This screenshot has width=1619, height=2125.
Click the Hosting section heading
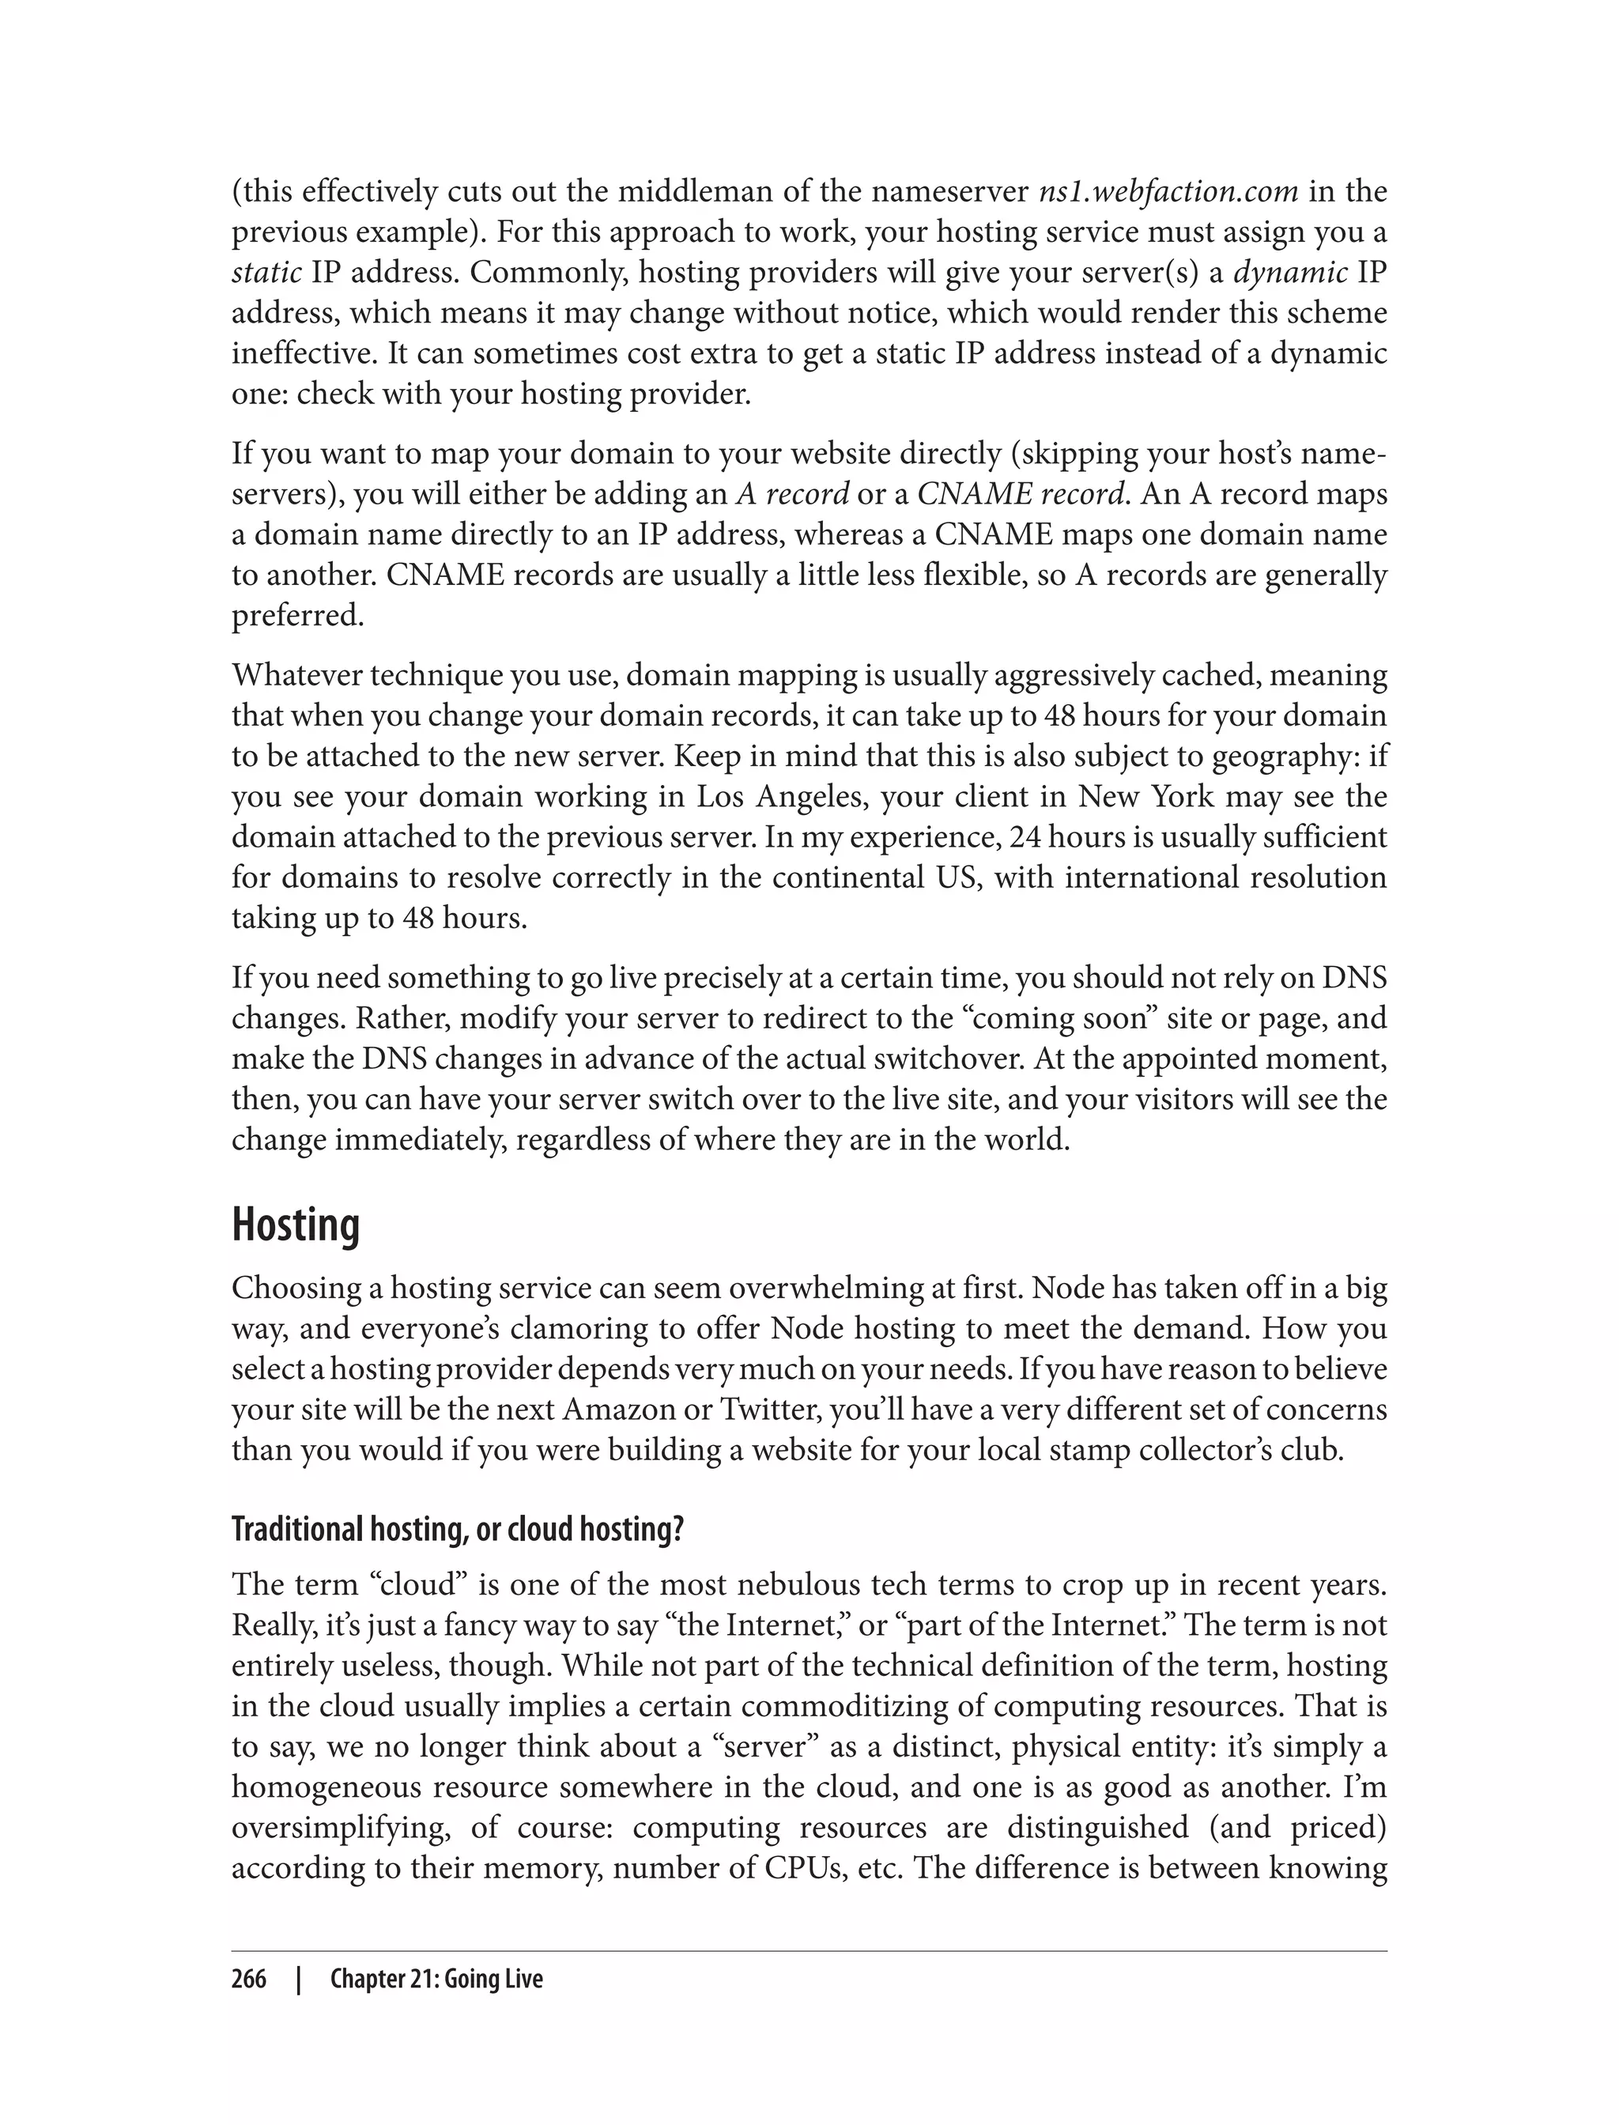(x=295, y=1226)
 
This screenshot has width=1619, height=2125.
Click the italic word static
(x=266, y=273)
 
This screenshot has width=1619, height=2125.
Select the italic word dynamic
(x=1290, y=273)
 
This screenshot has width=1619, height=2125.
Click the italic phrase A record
(x=792, y=493)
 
